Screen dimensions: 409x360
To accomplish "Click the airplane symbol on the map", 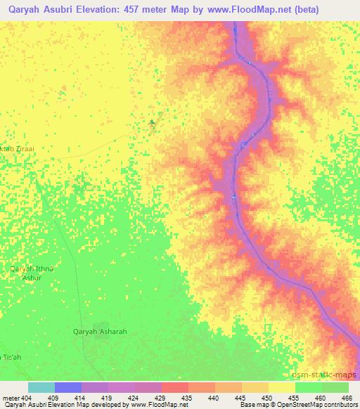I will [x=152, y=124].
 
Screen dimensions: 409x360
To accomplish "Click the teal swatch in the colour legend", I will [x=41, y=387].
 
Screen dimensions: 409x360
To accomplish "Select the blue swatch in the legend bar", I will [x=68, y=387].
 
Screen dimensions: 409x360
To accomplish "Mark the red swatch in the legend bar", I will [x=175, y=387].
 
